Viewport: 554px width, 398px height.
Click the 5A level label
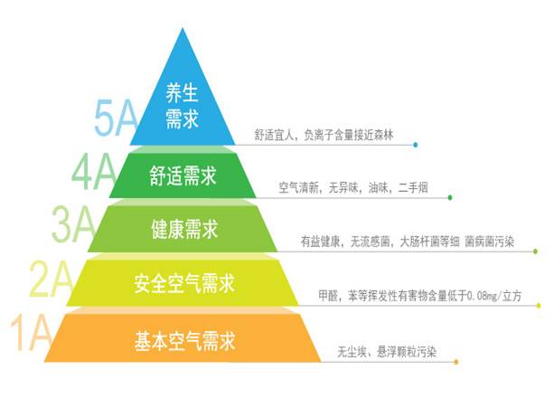coord(116,118)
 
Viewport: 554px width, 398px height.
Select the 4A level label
coord(94,173)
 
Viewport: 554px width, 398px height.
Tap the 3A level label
coord(73,225)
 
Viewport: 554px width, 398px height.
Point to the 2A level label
coord(52,279)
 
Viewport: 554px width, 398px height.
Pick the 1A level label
coord(31,333)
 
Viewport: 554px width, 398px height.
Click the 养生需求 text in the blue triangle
coord(182,106)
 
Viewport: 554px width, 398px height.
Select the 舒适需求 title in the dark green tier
coord(183,175)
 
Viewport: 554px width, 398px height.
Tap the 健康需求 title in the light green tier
coord(184,229)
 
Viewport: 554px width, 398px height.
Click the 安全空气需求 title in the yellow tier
coord(184,283)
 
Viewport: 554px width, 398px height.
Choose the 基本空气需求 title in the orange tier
coord(184,341)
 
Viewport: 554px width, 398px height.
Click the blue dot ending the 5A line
coord(416,145)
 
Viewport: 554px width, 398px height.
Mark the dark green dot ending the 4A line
coord(450,197)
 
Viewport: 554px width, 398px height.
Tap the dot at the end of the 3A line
coord(536,251)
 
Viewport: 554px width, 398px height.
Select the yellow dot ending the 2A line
coord(539,306)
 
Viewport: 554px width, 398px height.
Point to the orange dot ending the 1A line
coord(456,362)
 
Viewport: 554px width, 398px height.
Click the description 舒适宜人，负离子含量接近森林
coord(324,135)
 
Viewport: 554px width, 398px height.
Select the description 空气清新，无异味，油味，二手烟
coord(353,187)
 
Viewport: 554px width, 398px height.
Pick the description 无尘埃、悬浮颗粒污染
coord(387,352)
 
